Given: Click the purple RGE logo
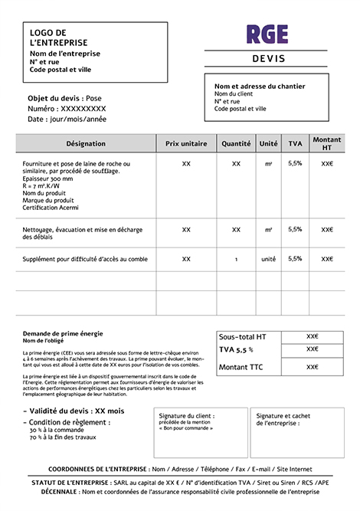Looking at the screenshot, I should click(x=267, y=34).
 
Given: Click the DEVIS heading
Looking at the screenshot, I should click(x=267, y=59).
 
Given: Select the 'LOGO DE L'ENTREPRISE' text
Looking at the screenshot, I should click(x=58, y=38).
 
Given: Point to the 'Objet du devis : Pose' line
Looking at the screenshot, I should click(x=64, y=98).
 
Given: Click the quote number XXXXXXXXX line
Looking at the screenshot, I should click(x=67, y=109).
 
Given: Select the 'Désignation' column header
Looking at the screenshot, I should click(x=86, y=143).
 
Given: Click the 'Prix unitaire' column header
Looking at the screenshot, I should click(x=186, y=143).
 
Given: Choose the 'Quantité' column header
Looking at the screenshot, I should click(x=236, y=143).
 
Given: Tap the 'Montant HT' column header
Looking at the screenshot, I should click(x=327, y=143).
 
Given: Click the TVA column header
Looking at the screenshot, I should click(x=295, y=143).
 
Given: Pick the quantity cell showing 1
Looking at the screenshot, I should click(x=236, y=259).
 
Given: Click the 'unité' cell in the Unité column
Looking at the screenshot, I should click(x=268, y=259).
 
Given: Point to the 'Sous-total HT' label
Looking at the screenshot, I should click(x=243, y=337).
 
